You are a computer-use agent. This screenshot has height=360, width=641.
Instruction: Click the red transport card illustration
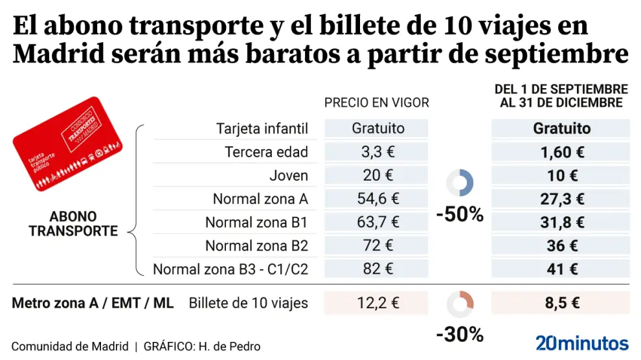click(68, 144)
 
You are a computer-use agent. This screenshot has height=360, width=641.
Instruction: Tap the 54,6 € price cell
click(378, 199)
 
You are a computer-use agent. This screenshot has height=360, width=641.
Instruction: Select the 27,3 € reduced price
click(561, 199)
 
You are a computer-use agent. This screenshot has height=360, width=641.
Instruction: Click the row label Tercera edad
click(266, 152)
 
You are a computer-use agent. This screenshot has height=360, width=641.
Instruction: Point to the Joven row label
click(289, 175)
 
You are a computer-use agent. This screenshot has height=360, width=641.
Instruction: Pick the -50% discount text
click(460, 214)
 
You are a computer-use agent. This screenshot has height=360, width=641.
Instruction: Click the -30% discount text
click(460, 334)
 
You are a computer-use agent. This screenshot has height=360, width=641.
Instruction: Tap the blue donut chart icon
click(460, 183)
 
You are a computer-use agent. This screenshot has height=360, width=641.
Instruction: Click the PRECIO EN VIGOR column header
click(376, 103)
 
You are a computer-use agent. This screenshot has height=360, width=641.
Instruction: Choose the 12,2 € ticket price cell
click(378, 302)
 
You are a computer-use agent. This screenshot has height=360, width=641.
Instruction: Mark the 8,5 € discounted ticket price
click(561, 302)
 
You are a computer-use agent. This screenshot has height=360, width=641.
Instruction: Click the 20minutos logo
click(582, 343)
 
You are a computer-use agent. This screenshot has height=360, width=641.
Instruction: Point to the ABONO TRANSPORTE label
click(73, 223)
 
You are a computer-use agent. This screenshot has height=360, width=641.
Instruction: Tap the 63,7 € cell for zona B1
click(378, 222)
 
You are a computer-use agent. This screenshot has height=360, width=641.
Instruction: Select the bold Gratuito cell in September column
click(561, 128)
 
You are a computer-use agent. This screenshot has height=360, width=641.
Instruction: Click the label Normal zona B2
click(256, 246)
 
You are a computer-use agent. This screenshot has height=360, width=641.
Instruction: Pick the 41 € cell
click(561, 269)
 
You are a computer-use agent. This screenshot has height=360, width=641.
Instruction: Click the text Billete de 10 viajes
click(249, 302)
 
